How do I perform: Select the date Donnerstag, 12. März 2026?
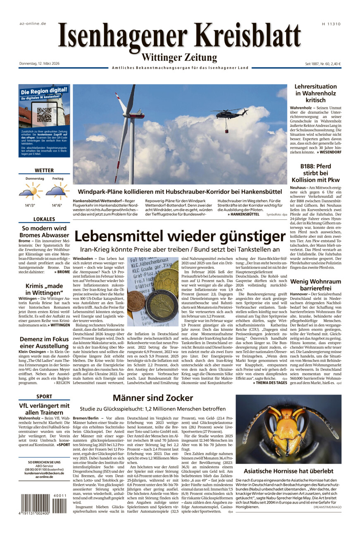click(x=40, y=64)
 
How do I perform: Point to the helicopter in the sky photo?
click(x=229, y=113)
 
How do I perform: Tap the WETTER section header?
click(x=44, y=170)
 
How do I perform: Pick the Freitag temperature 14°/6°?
click(x=57, y=205)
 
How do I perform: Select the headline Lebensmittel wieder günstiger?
click(x=180, y=236)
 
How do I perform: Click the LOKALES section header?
click(x=44, y=219)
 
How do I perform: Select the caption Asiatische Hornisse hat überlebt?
click(x=288, y=470)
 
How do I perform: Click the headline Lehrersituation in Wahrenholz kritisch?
click(x=315, y=93)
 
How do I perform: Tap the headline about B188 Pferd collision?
click(x=315, y=173)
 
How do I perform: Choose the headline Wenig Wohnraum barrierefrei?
click(x=315, y=285)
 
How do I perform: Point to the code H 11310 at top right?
click(x=331, y=24)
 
